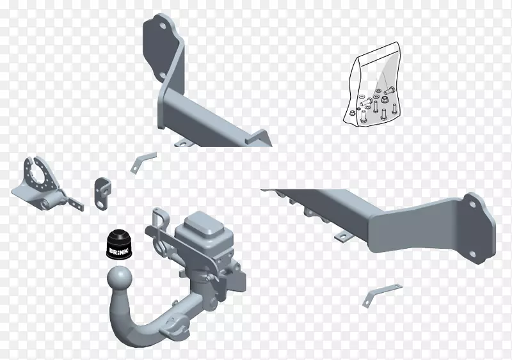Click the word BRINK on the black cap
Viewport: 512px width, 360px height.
119,251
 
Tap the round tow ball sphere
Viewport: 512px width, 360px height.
120,278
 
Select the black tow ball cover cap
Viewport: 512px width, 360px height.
119,246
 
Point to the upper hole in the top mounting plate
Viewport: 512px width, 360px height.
163,26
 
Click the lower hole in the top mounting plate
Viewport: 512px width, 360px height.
163,75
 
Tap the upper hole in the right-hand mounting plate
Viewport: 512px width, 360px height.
472,205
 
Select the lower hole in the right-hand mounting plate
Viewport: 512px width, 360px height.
472,254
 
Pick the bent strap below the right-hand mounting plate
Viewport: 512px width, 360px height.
381,295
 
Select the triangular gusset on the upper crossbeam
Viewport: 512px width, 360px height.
259,137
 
